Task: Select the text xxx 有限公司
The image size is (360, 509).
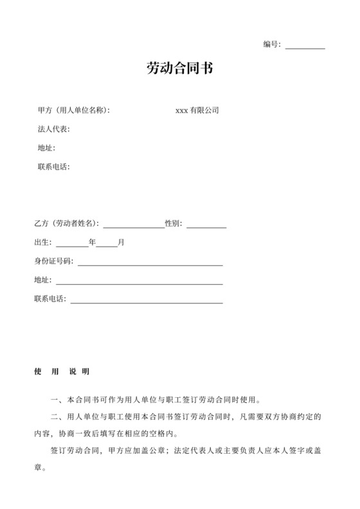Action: coord(197,111)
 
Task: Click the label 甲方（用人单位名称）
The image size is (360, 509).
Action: coord(74,111)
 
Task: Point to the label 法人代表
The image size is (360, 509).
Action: coord(53,129)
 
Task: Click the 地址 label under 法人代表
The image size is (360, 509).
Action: coord(46,148)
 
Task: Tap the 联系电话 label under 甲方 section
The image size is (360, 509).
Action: coord(53,167)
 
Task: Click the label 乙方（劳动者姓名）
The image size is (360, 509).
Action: coord(66,224)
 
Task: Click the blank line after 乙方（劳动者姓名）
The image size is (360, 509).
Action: coord(134,226)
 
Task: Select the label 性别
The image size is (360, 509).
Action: coord(174,224)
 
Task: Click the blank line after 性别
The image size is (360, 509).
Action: coord(206,226)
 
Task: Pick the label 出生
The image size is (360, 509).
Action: coord(42,242)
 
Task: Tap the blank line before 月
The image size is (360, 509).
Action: coord(107,245)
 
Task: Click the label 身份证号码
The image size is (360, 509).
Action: coord(53,262)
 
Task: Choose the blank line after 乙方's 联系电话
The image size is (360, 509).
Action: coord(147,301)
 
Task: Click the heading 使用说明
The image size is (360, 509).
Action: coord(61,372)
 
